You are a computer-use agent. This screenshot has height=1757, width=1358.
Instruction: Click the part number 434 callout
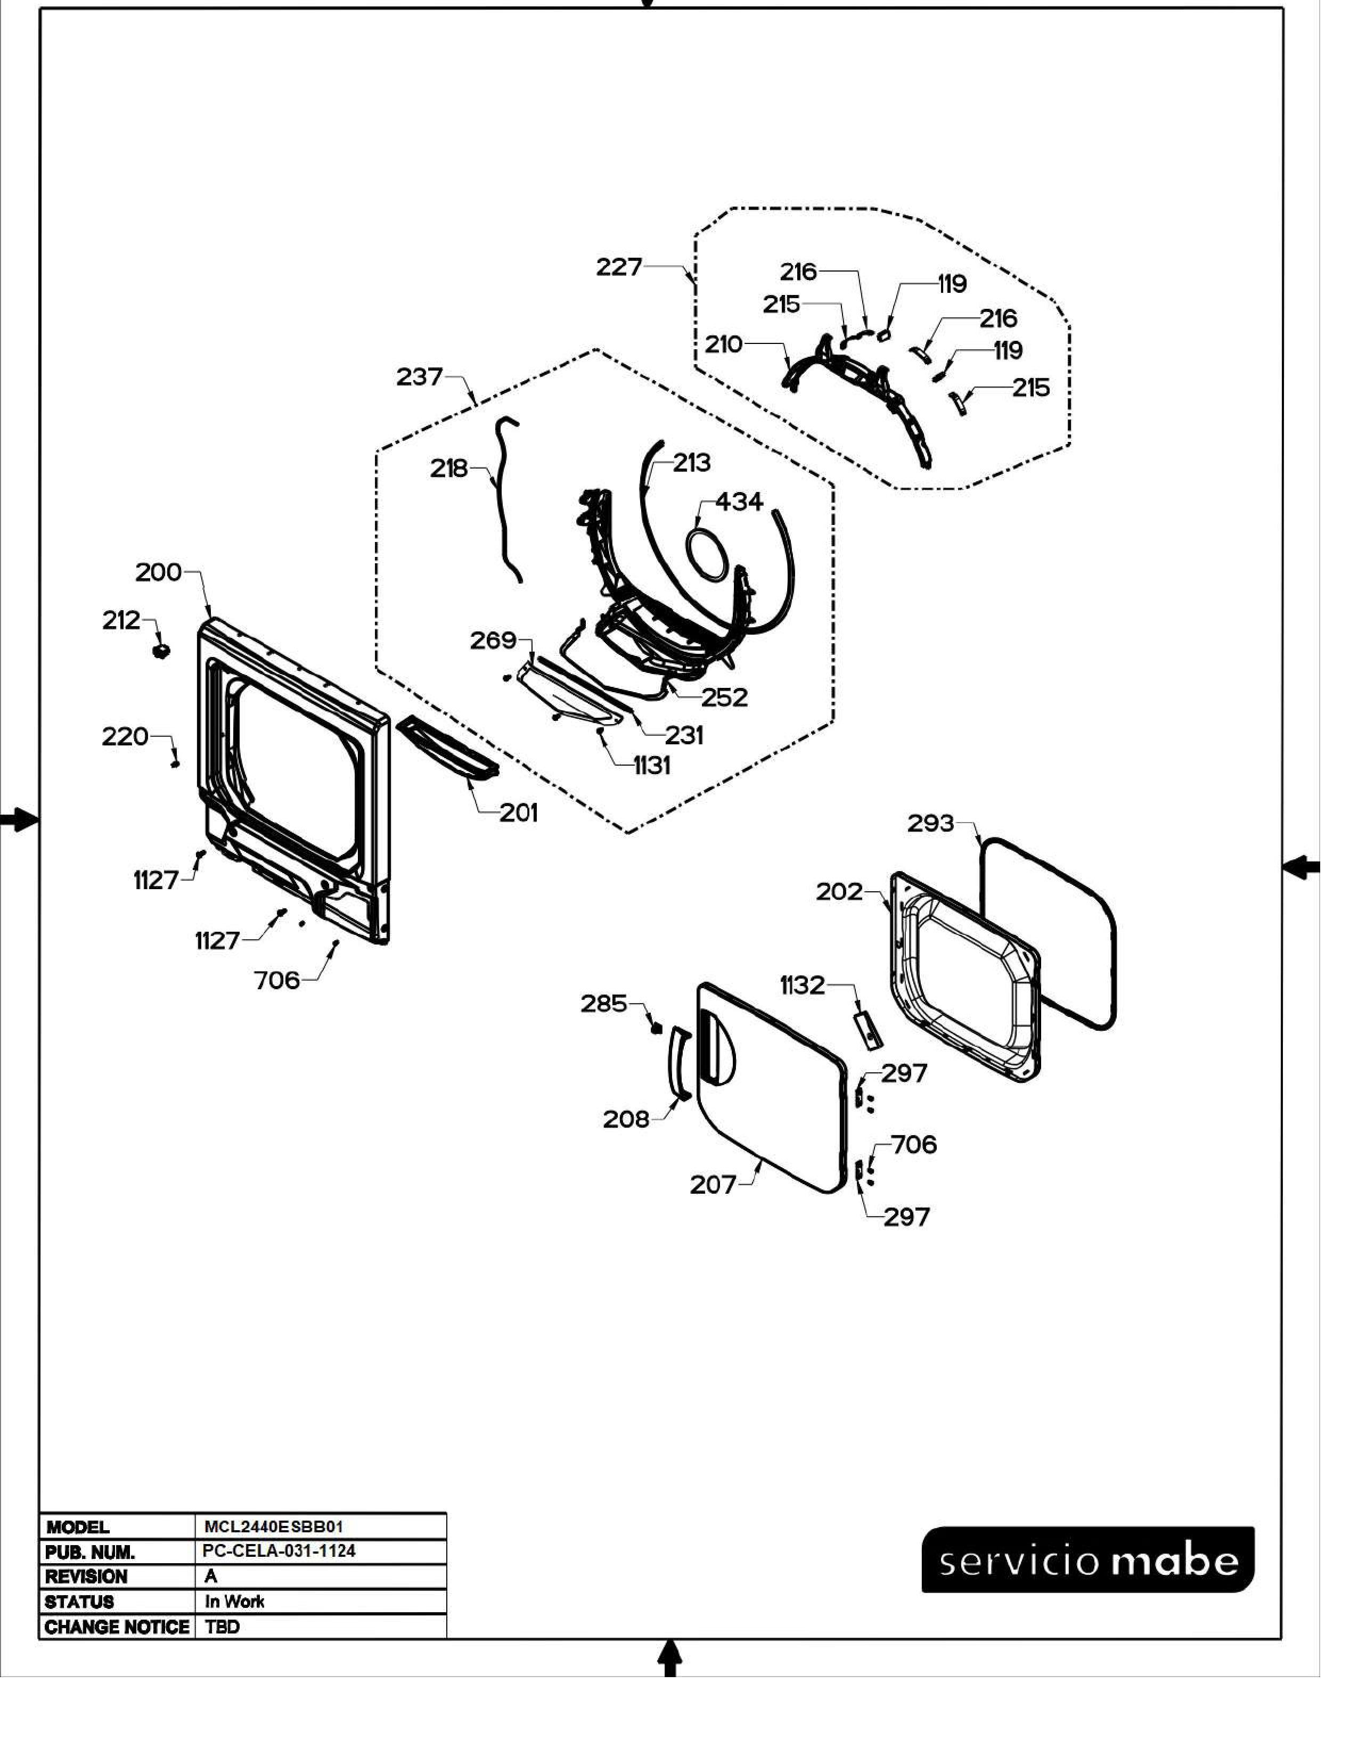coord(739,502)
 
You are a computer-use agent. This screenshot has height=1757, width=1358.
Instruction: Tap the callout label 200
coord(159,573)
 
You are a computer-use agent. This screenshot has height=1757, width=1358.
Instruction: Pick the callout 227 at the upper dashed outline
coord(619,267)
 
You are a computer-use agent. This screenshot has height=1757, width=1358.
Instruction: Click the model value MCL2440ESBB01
coord(274,1526)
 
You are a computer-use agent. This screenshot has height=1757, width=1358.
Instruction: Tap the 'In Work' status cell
coord(234,1601)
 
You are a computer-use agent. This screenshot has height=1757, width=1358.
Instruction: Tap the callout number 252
coord(724,697)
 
